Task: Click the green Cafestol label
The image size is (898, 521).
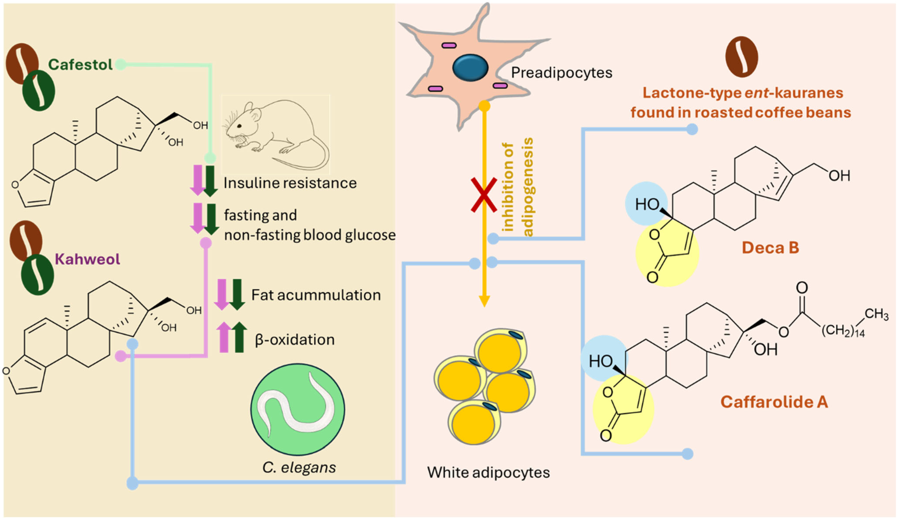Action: (80, 65)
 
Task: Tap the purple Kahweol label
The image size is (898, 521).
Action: (87, 259)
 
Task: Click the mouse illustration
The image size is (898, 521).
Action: (275, 134)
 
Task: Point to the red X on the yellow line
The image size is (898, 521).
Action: (484, 195)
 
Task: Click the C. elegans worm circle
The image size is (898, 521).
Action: (298, 409)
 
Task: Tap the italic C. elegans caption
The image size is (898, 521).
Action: (299, 468)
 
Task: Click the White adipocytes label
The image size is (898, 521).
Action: (488, 472)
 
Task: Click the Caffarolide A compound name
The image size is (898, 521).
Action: (774, 402)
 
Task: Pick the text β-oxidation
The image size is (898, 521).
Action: (295, 340)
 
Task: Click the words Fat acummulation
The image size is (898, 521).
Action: (316, 295)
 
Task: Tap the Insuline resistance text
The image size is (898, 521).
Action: (290, 183)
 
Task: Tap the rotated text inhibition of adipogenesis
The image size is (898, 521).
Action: (519, 187)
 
